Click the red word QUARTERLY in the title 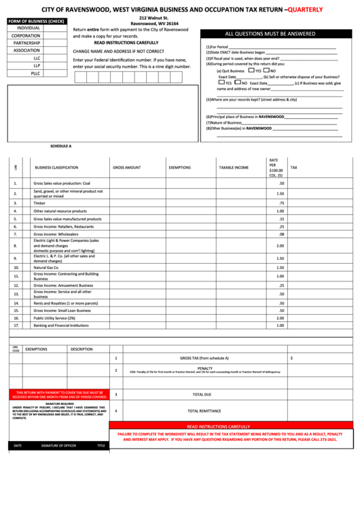click(x=304, y=9)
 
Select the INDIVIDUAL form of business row click(x=29, y=28)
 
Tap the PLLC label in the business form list click(x=35, y=73)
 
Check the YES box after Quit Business click(x=251, y=70)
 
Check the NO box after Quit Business click(x=266, y=70)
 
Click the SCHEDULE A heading click(x=60, y=146)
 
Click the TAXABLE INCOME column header click(x=233, y=167)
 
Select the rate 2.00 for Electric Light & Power click(x=280, y=245)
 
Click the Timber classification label click(x=39, y=203)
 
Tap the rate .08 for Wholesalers click(x=281, y=234)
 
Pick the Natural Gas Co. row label click(x=46, y=267)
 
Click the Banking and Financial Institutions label click(x=61, y=326)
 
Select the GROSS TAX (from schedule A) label click(x=204, y=357)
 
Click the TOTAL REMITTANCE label click(x=204, y=410)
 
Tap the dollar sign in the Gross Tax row click(x=291, y=357)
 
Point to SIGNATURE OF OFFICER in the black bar click(x=58, y=446)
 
